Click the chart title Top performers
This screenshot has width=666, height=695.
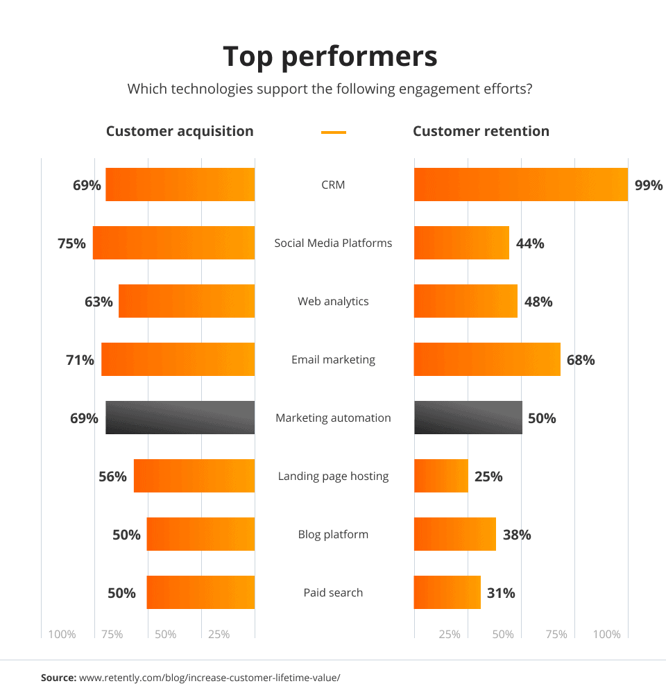click(x=330, y=57)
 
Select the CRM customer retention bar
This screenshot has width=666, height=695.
click(x=521, y=185)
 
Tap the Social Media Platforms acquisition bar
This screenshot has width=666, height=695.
click(x=173, y=243)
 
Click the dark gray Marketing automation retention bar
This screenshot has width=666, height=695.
click(x=468, y=418)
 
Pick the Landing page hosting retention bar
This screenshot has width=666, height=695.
click(x=441, y=476)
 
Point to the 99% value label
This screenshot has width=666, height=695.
click(x=649, y=185)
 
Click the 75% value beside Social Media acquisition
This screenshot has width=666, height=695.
click(x=72, y=243)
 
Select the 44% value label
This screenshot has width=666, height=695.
click(x=530, y=243)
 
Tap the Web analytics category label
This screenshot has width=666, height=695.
click(x=333, y=301)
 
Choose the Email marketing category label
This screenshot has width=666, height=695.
click(x=333, y=359)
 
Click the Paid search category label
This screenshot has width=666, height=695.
click(x=333, y=592)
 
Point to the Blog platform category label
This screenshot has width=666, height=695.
click(x=333, y=534)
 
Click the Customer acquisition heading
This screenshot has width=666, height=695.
click(x=180, y=131)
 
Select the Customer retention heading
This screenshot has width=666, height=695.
click(x=481, y=131)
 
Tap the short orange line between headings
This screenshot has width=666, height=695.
click(x=334, y=132)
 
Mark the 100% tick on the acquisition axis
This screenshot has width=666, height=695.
click(x=62, y=634)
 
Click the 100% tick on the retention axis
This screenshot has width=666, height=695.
click(x=607, y=634)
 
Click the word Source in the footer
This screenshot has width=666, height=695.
click(x=58, y=677)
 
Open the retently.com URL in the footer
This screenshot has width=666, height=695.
click(x=210, y=677)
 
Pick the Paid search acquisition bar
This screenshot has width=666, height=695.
click(x=200, y=592)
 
